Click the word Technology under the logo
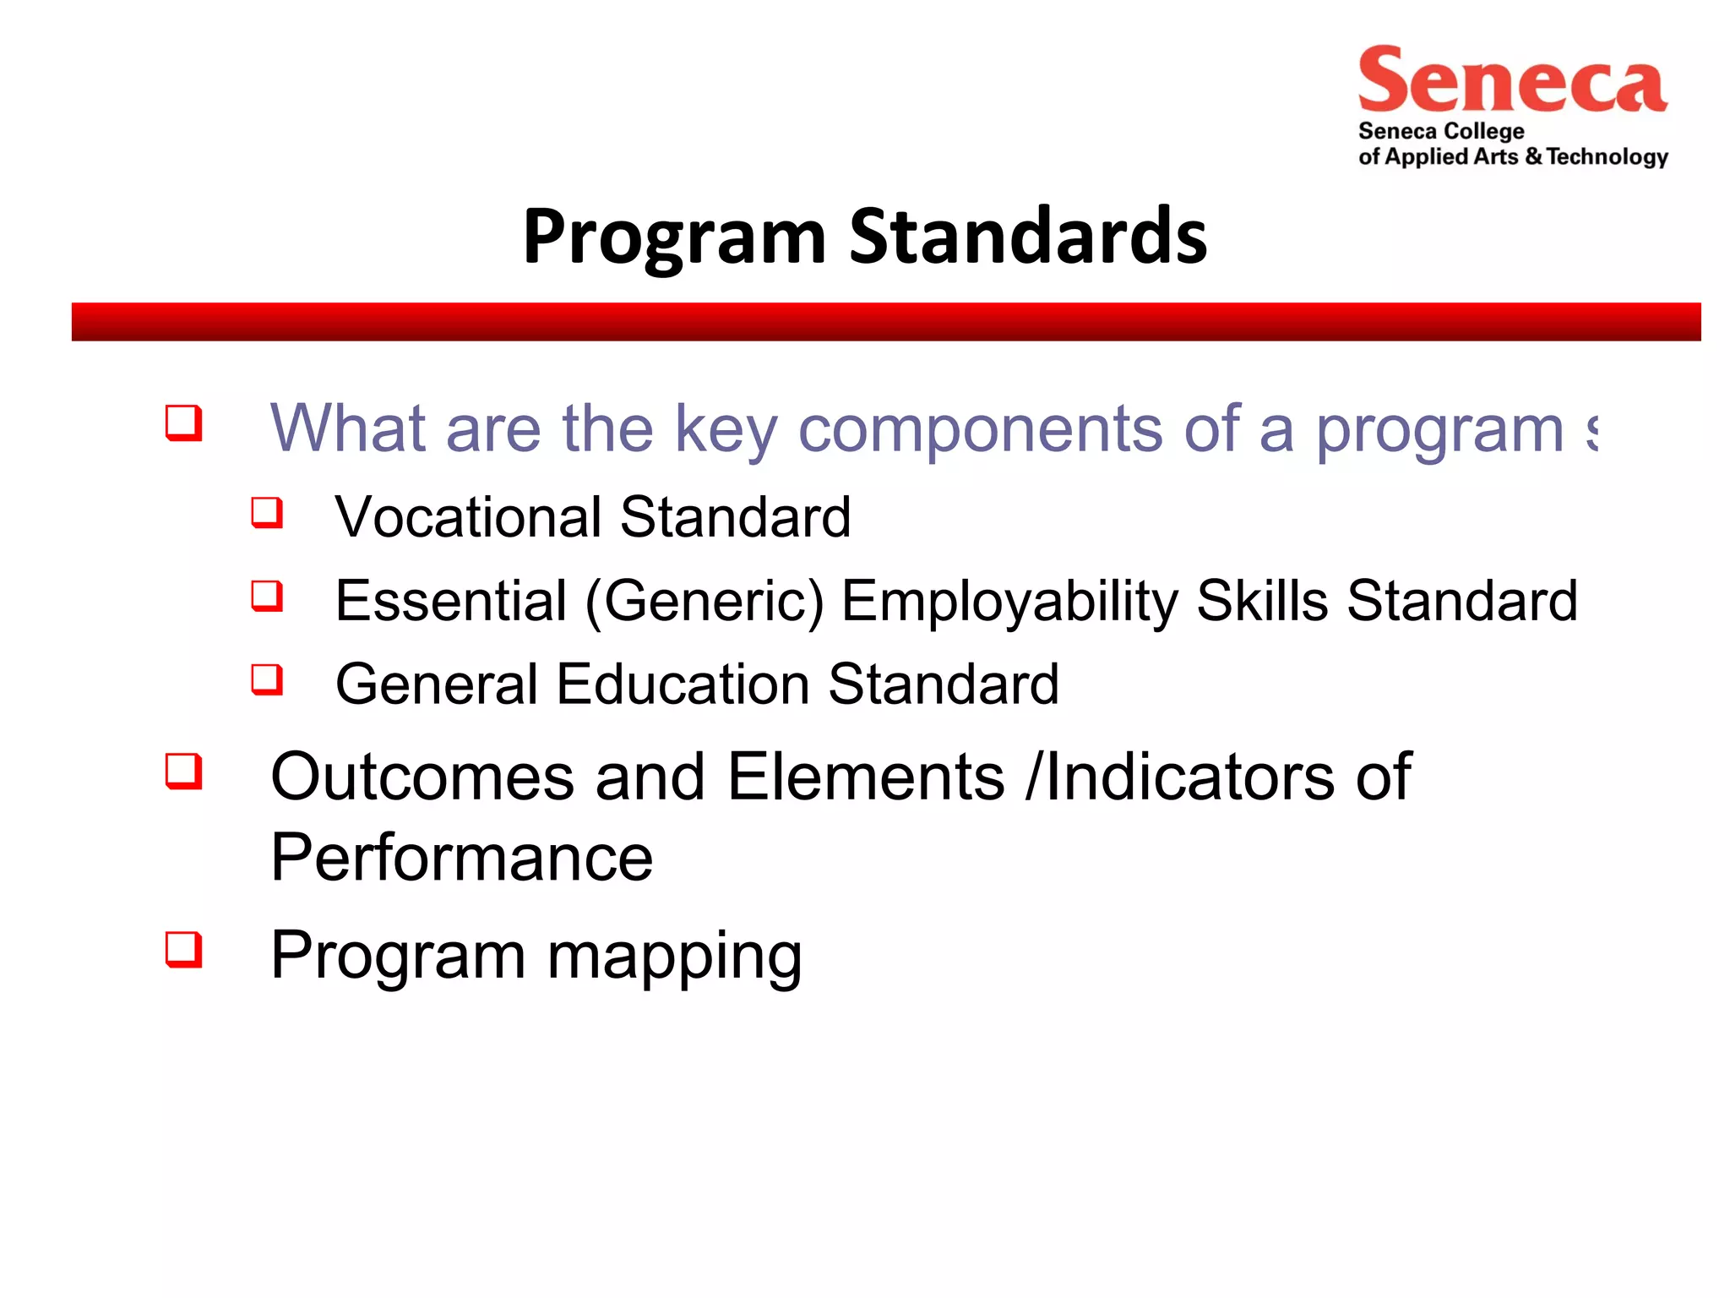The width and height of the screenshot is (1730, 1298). tap(1608, 157)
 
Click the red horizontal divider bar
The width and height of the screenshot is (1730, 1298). tap(885, 322)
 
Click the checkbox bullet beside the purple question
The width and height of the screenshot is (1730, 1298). tap(183, 423)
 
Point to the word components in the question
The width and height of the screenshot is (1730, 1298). tap(979, 429)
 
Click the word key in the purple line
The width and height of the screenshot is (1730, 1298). tap(725, 429)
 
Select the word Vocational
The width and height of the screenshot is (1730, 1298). tap(468, 517)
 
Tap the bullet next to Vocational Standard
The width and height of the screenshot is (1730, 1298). tap(267, 512)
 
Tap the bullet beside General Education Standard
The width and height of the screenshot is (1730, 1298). tap(267, 679)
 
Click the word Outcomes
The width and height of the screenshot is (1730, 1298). tap(422, 777)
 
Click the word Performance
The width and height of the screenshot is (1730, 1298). tap(461, 858)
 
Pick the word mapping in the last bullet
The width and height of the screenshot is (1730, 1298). tap(674, 957)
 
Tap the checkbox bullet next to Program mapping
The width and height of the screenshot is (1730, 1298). tap(183, 949)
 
